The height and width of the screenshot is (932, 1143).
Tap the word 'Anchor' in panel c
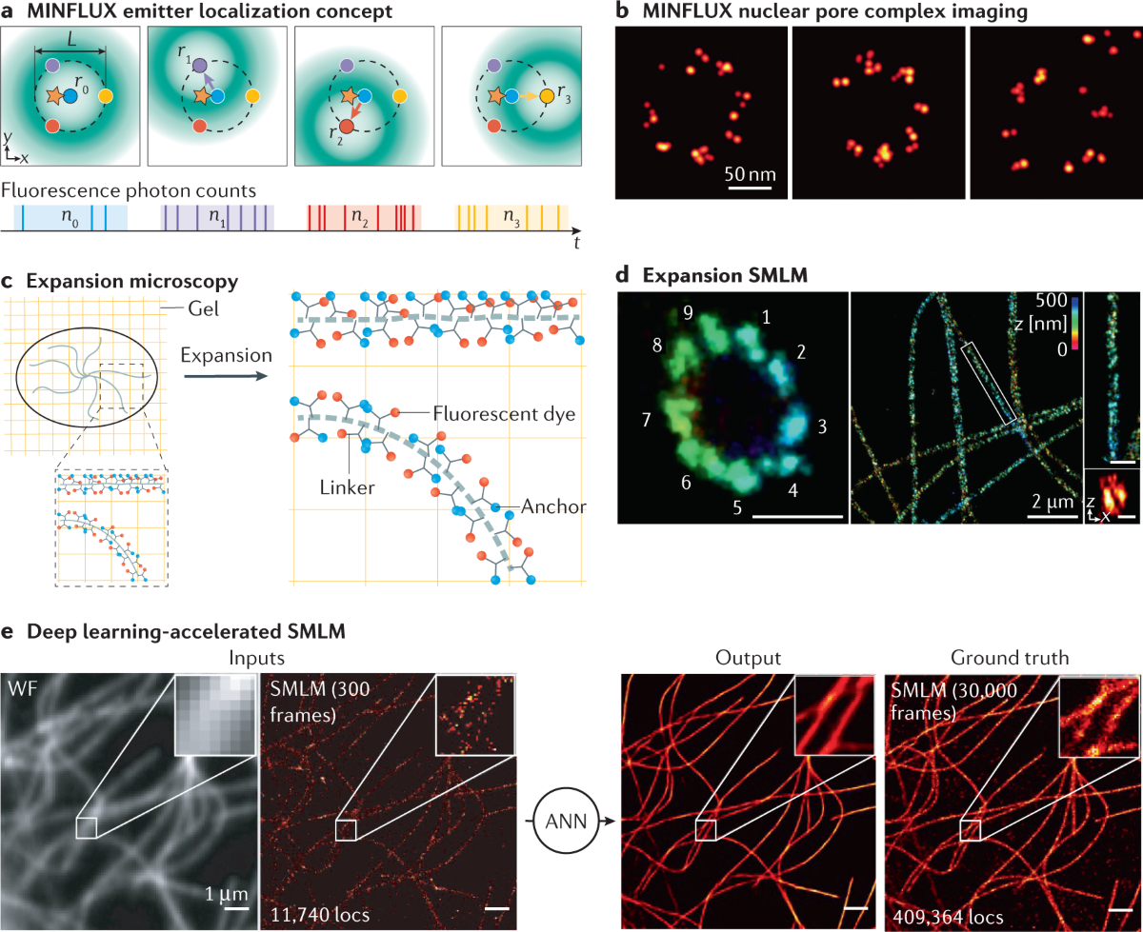point(555,506)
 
